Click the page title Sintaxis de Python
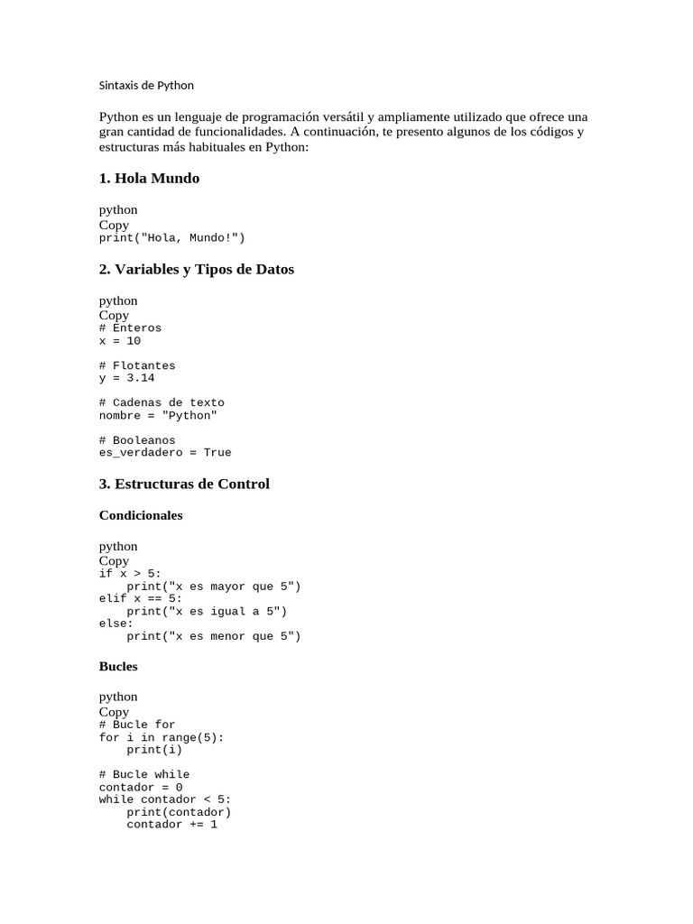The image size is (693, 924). click(x=146, y=86)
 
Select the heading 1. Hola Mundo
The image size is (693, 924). click(x=149, y=179)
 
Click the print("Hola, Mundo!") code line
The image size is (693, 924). click(x=171, y=238)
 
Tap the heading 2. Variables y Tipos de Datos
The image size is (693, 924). click(x=196, y=270)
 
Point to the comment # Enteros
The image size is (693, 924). click(x=130, y=328)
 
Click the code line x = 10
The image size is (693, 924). click(x=119, y=341)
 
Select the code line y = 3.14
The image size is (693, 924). click(x=126, y=378)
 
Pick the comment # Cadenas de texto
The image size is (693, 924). click(x=162, y=402)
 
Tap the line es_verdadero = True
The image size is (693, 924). click(x=165, y=453)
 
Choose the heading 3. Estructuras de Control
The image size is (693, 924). click(x=184, y=485)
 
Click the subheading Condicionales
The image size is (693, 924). click(x=141, y=516)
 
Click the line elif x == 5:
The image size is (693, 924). click(x=141, y=598)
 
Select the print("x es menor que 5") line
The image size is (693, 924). click(x=213, y=636)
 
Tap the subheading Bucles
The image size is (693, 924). click(x=118, y=667)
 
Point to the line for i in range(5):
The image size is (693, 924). click(x=162, y=737)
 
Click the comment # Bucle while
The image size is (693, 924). click(x=144, y=774)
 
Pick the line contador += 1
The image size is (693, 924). click(x=171, y=824)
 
